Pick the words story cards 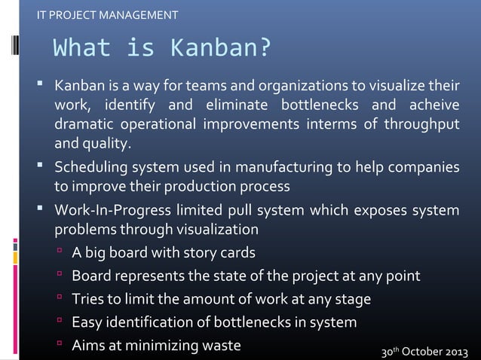[219, 253]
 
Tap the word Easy [86, 323]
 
